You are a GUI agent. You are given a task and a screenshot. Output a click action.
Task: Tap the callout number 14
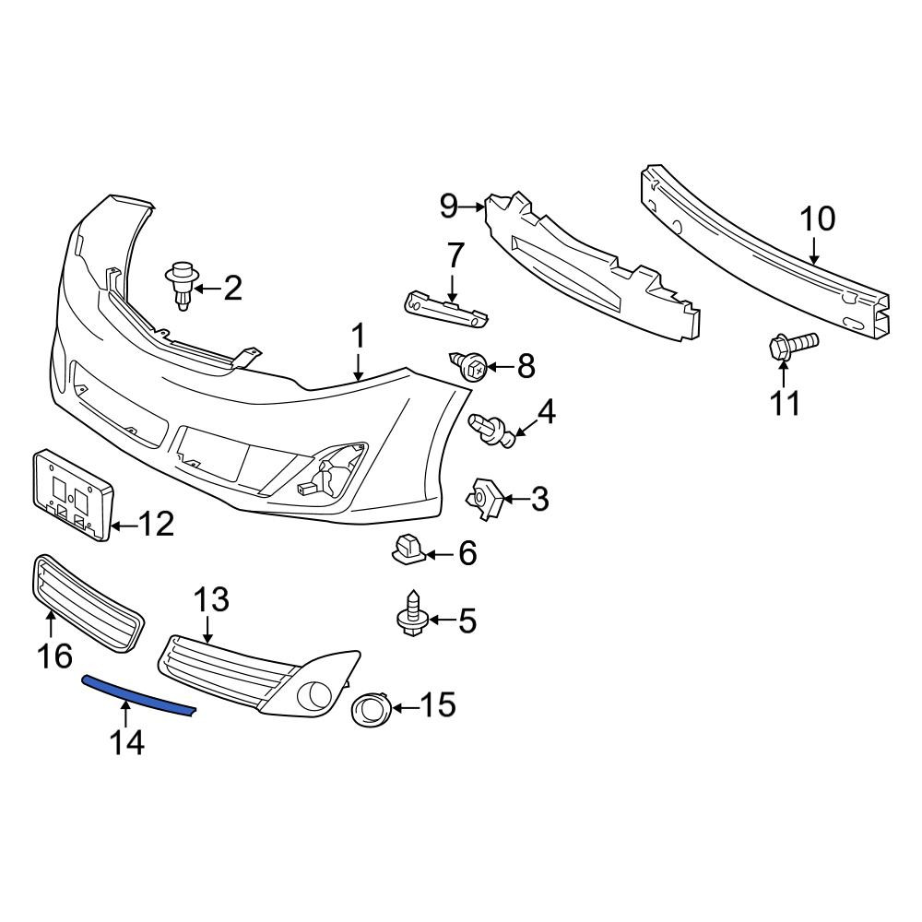tap(127, 741)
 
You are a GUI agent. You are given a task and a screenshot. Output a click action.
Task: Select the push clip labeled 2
tap(183, 287)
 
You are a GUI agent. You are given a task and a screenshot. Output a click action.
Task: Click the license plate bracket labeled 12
tap(71, 495)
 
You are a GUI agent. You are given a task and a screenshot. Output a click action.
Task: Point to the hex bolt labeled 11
tap(793, 345)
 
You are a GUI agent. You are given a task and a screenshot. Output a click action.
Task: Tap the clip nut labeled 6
tap(408, 549)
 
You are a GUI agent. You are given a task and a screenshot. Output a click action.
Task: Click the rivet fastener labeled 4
tap(491, 431)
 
